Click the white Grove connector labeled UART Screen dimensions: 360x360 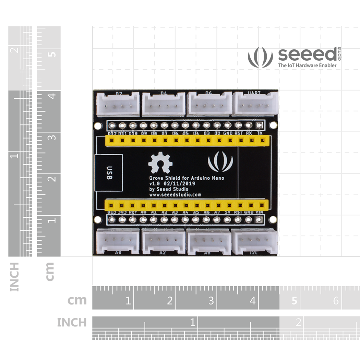(x=255, y=104)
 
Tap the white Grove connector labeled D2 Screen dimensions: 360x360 (x=118, y=104)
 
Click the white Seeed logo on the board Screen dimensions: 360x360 (x=220, y=163)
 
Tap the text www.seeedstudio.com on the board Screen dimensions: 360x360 (x=175, y=194)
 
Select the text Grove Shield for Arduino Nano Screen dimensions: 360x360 (x=187, y=178)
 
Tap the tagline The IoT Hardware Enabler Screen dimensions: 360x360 (x=307, y=65)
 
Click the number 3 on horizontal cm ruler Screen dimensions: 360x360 (x=211, y=301)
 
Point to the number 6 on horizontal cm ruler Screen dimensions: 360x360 (x=336, y=301)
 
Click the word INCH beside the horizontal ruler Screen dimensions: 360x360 (x=72, y=323)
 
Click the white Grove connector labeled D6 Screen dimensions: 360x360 (x=209, y=104)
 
